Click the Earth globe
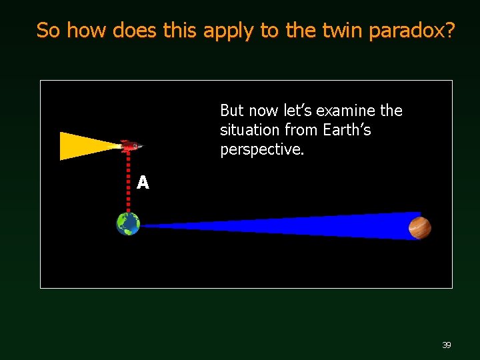tap(128, 224)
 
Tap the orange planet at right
tap(420, 227)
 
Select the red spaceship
tap(129, 146)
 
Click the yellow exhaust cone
tap(83, 146)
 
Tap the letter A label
tap(143, 182)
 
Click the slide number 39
tap(446, 345)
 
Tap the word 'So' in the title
tap(49, 30)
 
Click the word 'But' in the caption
tap(233, 110)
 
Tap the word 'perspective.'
tap(262, 150)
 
